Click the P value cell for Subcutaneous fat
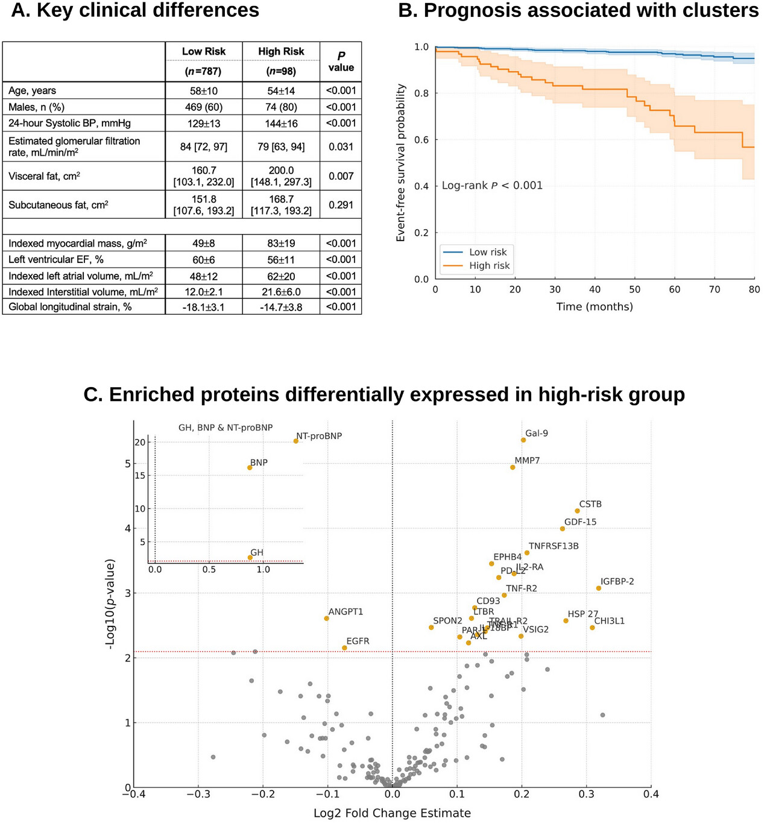341,205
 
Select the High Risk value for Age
281,91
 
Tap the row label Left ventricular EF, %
56,260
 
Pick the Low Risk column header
204,52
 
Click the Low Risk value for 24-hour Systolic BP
204,124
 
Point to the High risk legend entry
489,266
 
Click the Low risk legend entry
488,252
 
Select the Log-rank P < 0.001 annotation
492,186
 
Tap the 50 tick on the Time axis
635,289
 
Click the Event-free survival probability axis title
400,163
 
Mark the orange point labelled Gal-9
523,440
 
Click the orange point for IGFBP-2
599,588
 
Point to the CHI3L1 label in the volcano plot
609,621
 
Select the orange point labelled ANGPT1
327,619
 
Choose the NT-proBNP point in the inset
296,441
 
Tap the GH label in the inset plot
257,552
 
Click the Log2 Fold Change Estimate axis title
392,813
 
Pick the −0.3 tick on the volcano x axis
198,795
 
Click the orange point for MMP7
513,467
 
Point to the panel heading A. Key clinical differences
135,10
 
